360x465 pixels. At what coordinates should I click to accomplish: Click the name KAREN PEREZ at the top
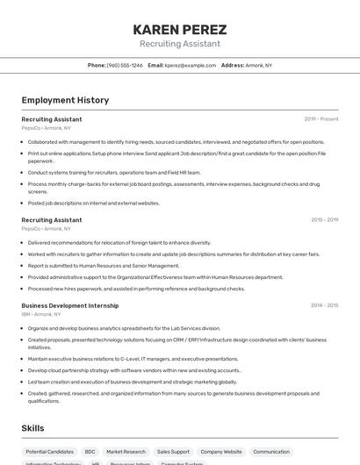click(x=179, y=29)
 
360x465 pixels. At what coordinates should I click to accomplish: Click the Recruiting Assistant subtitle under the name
click(x=179, y=44)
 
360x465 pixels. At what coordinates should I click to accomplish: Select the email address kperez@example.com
click(x=191, y=65)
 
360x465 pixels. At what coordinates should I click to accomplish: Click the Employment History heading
click(x=65, y=100)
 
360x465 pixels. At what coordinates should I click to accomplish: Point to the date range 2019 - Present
click(x=320, y=118)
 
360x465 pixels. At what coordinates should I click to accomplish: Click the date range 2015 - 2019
click(x=324, y=220)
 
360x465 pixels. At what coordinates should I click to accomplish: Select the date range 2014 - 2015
click(x=324, y=305)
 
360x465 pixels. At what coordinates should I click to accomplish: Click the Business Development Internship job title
click(x=69, y=305)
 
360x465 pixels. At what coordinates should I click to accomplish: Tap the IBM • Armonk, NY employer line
click(x=41, y=314)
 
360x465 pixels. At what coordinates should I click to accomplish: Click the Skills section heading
click(x=33, y=428)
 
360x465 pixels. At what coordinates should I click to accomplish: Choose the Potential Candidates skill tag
click(x=49, y=452)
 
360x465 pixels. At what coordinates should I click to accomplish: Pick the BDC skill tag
click(x=90, y=452)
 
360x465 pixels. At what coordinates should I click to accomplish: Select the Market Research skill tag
click(x=126, y=452)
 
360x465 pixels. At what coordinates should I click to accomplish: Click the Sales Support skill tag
click(x=173, y=452)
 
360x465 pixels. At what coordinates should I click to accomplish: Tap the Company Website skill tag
click(x=220, y=452)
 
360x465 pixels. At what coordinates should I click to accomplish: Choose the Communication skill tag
click(x=270, y=452)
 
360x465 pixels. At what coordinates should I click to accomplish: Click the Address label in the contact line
click(x=232, y=65)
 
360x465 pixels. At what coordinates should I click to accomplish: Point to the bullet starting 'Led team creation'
click(x=132, y=382)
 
